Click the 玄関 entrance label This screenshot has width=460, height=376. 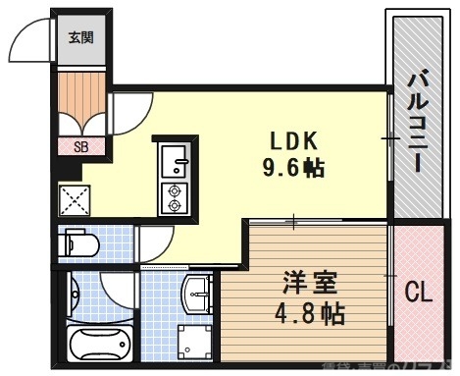[x=80, y=39]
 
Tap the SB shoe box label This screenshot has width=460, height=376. [x=81, y=147]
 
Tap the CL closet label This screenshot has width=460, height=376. [x=420, y=292]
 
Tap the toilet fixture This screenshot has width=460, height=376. [x=81, y=243]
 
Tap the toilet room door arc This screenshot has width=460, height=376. [x=152, y=242]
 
